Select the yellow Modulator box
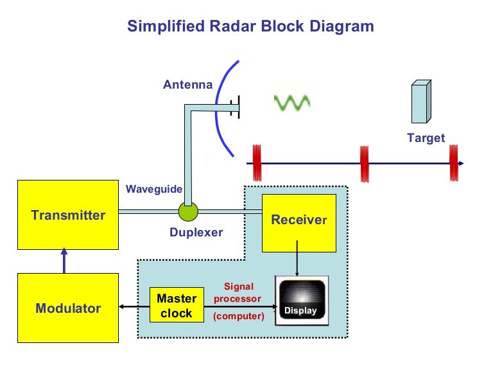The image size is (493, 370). point(67,308)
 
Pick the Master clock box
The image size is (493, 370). point(176,306)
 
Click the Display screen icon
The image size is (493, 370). point(301,300)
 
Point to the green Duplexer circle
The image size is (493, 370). point(188,211)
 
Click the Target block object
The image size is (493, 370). point(420,101)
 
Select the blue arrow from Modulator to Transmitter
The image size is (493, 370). point(64,261)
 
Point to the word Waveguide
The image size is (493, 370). point(154,189)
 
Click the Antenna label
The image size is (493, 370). point(187,85)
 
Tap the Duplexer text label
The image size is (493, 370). point(196,233)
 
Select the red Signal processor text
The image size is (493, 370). point(238,292)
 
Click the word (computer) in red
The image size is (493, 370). point(239,315)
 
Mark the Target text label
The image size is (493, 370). point(426,137)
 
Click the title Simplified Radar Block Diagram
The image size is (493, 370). point(250,26)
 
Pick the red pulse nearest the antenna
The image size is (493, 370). point(256,163)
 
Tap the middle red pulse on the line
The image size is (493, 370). point(365,163)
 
